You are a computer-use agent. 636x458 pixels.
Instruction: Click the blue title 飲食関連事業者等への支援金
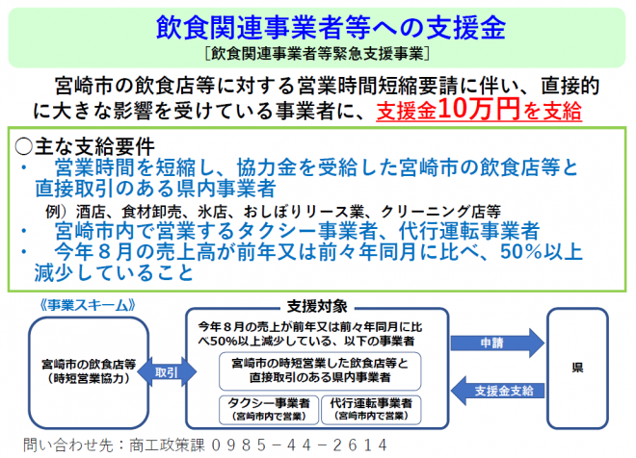point(331,27)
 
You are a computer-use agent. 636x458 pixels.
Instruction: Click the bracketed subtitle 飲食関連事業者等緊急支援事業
point(317,54)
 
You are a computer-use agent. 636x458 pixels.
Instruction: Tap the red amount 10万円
point(479,109)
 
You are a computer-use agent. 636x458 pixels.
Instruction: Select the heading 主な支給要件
point(94,146)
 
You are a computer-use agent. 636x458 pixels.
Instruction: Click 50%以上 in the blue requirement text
point(542,251)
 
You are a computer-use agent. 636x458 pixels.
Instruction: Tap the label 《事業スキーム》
point(87,305)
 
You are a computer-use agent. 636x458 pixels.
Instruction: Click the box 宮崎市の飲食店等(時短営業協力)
point(89,372)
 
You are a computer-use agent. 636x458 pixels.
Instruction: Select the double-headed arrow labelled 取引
point(167,371)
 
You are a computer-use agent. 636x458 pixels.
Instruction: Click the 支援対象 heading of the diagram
point(317,307)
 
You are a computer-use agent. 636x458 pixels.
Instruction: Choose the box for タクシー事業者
point(269,410)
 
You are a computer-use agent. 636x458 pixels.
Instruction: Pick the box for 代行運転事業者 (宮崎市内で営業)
point(371,410)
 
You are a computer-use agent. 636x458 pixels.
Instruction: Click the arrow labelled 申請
point(497,343)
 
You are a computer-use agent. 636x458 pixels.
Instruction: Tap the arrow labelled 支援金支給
point(497,391)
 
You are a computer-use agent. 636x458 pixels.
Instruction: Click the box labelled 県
point(577,369)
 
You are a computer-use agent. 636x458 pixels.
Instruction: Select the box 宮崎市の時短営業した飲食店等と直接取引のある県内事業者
point(320,371)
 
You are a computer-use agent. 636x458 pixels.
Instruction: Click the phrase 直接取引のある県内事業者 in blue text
point(155,189)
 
